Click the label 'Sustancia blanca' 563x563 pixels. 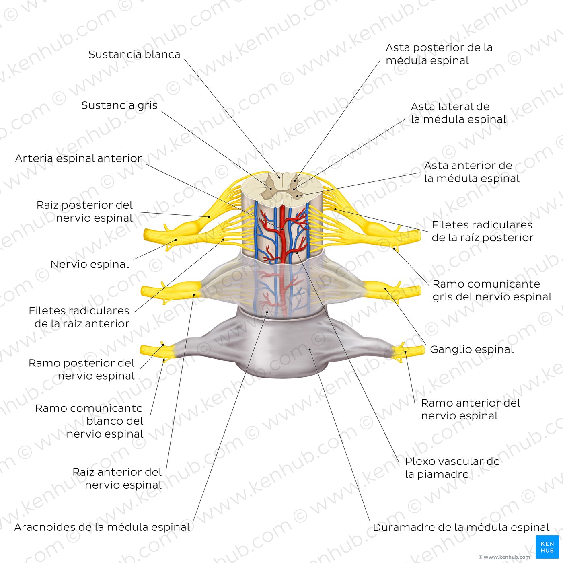coord(134,54)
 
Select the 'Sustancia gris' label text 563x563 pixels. coord(119,105)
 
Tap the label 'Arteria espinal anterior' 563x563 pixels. coord(78,158)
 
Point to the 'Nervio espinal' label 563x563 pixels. coord(90,264)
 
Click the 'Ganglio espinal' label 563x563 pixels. coord(472,349)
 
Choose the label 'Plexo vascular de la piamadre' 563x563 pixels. coord(452,468)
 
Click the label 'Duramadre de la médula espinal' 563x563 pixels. coord(461,527)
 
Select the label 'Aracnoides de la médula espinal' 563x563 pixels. coord(102,527)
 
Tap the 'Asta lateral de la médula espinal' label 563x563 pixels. coord(458,113)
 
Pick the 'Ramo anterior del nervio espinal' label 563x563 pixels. coord(471,409)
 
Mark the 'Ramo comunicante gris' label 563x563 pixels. coord(492,290)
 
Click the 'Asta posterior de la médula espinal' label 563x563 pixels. coord(439,54)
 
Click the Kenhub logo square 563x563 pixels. coord(547,547)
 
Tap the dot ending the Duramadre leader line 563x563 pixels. coord(310,349)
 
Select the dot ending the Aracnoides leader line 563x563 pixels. coord(267,312)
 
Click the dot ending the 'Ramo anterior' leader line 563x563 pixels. coord(405,352)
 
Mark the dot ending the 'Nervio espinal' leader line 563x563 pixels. coord(176,240)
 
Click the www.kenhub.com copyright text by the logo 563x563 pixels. coord(504,557)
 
